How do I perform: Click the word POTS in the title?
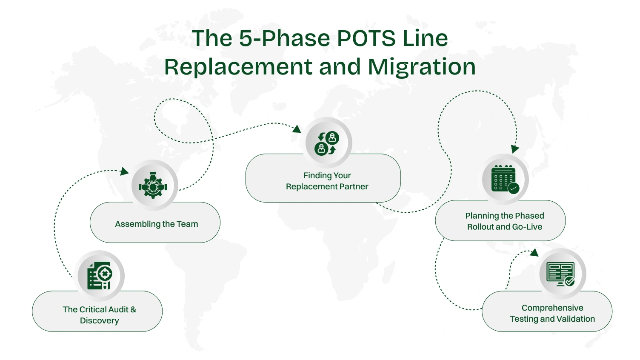pos(367,38)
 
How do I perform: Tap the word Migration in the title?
pos(421,67)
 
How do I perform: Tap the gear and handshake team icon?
pos(153,186)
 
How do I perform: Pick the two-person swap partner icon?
pos(327,143)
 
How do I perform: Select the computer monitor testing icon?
pos(561,274)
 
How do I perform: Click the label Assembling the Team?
pos(156,224)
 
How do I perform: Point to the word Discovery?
pos(100,321)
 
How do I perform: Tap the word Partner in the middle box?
pos(354,187)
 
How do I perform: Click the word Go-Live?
pos(527,227)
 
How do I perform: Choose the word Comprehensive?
pos(552,308)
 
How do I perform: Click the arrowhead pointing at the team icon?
pos(124,171)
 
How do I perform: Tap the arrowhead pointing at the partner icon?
pos(297,129)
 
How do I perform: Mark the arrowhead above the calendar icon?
pos(515,149)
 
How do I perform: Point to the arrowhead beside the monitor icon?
pos(534,253)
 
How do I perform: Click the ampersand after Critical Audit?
pos(133,310)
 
